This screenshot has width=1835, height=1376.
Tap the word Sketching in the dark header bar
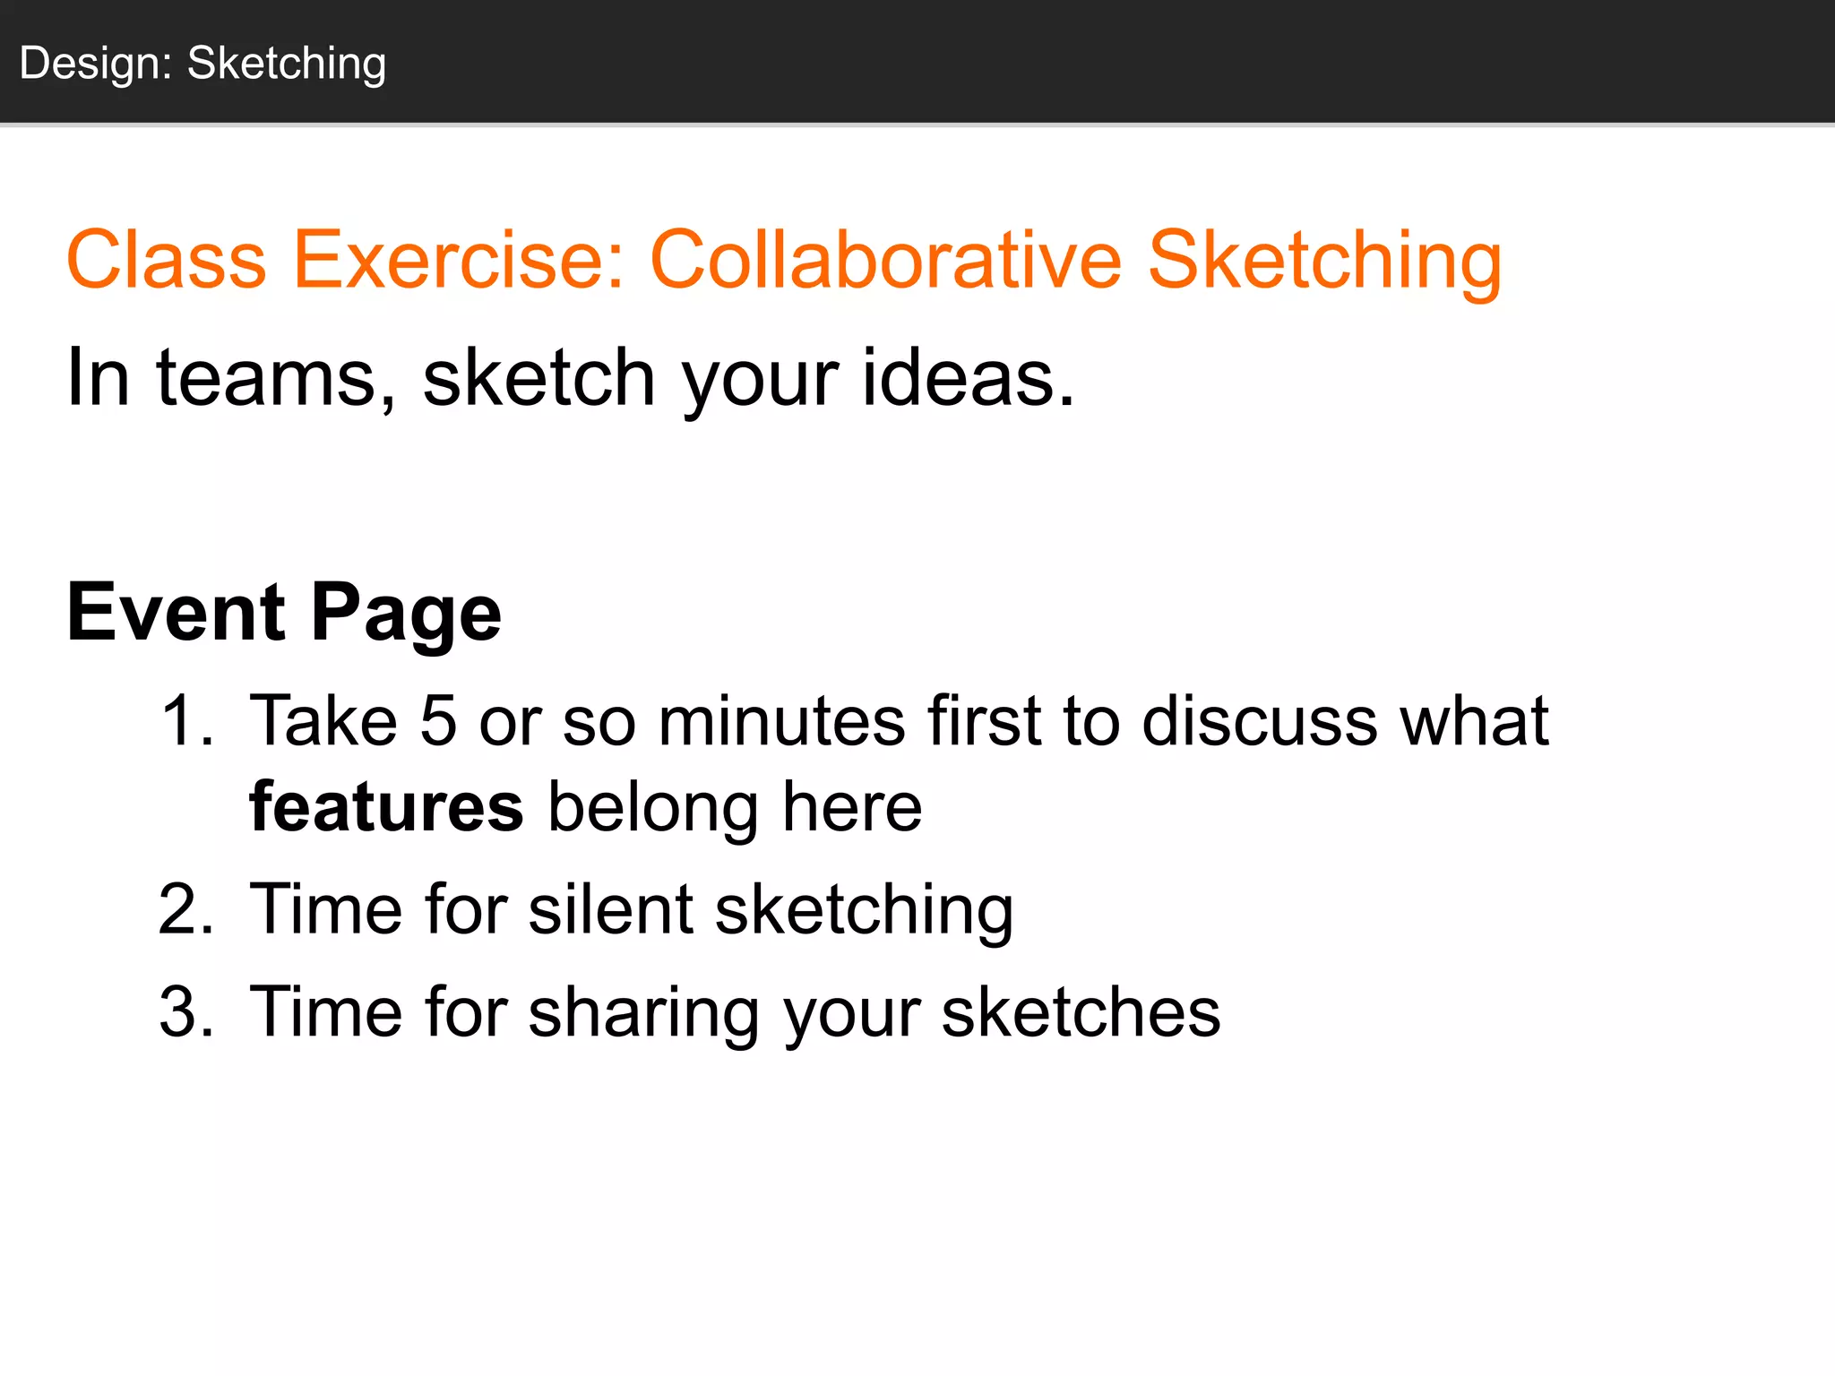point(287,64)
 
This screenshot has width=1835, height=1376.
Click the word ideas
point(968,377)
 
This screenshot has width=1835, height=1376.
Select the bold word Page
point(406,615)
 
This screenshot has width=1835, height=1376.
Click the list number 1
point(186,720)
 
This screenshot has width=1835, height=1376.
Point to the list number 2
point(186,910)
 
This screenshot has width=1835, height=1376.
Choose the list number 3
point(186,1012)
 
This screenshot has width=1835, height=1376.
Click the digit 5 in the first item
point(438,720)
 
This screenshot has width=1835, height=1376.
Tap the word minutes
point(781,720)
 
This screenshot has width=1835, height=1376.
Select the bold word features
point(386,806)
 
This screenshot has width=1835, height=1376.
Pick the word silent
point(610,910)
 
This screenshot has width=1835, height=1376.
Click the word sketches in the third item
point(1081,1012)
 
